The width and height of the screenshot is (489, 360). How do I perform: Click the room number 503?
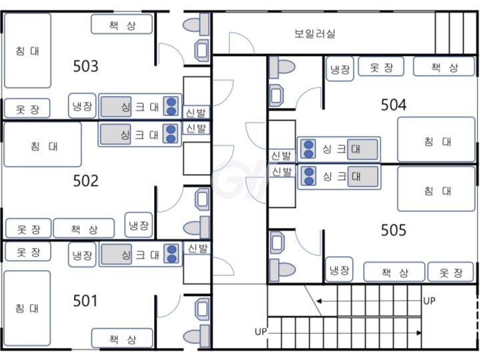tap(85, 66)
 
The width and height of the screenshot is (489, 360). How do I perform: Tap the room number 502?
tap(85, 181)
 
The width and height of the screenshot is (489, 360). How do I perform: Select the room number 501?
tap(85, 301)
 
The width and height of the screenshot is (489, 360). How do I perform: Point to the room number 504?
tap(394, 105)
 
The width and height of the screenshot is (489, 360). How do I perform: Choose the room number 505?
tap(394, 230)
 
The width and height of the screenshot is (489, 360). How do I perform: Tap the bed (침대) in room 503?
tap(27, 51)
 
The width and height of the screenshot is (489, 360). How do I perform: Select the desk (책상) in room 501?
tap(122, 339)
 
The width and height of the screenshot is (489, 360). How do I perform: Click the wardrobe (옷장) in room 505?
tap(450, 272)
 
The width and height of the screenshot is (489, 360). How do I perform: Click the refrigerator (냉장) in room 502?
tap(139, 225)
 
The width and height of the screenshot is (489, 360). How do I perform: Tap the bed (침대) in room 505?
tap(437, 191)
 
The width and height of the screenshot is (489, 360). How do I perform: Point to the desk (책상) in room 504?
tap(444, 67)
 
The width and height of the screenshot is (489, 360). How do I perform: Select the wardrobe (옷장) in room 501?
tap(27, 252)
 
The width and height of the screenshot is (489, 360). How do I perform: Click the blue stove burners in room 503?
tap(172, 106)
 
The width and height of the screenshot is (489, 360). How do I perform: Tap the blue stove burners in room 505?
tap(308, 176)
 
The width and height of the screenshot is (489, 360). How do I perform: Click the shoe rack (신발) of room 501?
tap(197, 249)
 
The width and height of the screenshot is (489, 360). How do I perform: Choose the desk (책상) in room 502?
tap(84, 229)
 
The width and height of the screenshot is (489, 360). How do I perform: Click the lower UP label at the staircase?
tap(262, 331)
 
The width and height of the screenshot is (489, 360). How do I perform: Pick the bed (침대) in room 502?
tap(43, 145)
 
